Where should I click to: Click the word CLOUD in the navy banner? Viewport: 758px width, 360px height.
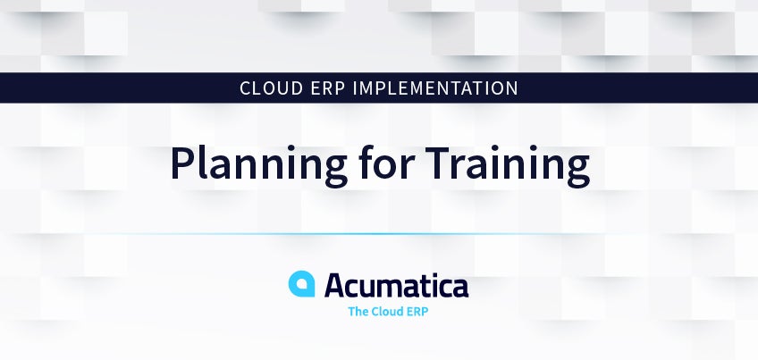point(271,88)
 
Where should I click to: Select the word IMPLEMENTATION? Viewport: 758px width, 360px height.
point(435,88)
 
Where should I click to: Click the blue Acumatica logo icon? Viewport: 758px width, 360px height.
point(301,284)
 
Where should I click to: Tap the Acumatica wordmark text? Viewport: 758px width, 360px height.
point(396,285)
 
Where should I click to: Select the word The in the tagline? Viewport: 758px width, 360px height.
point(358,312)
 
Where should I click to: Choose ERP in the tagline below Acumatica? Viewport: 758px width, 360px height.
point(417,312)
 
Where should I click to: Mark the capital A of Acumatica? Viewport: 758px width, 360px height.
point(336,285)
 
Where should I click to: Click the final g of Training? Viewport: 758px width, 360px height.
point(577,170)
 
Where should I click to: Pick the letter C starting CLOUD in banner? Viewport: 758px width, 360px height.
point(246,88)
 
